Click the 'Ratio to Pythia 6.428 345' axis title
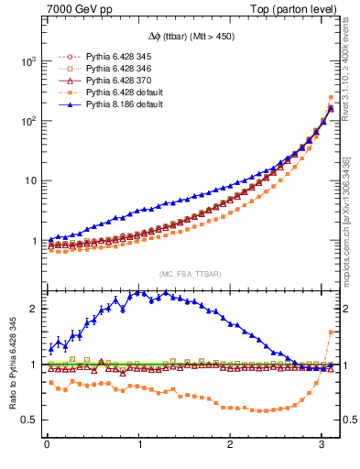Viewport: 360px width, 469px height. pyautogui.click(x=12, y=365)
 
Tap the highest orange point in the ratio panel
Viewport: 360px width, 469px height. pyautogui.click(x=330, y=333)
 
